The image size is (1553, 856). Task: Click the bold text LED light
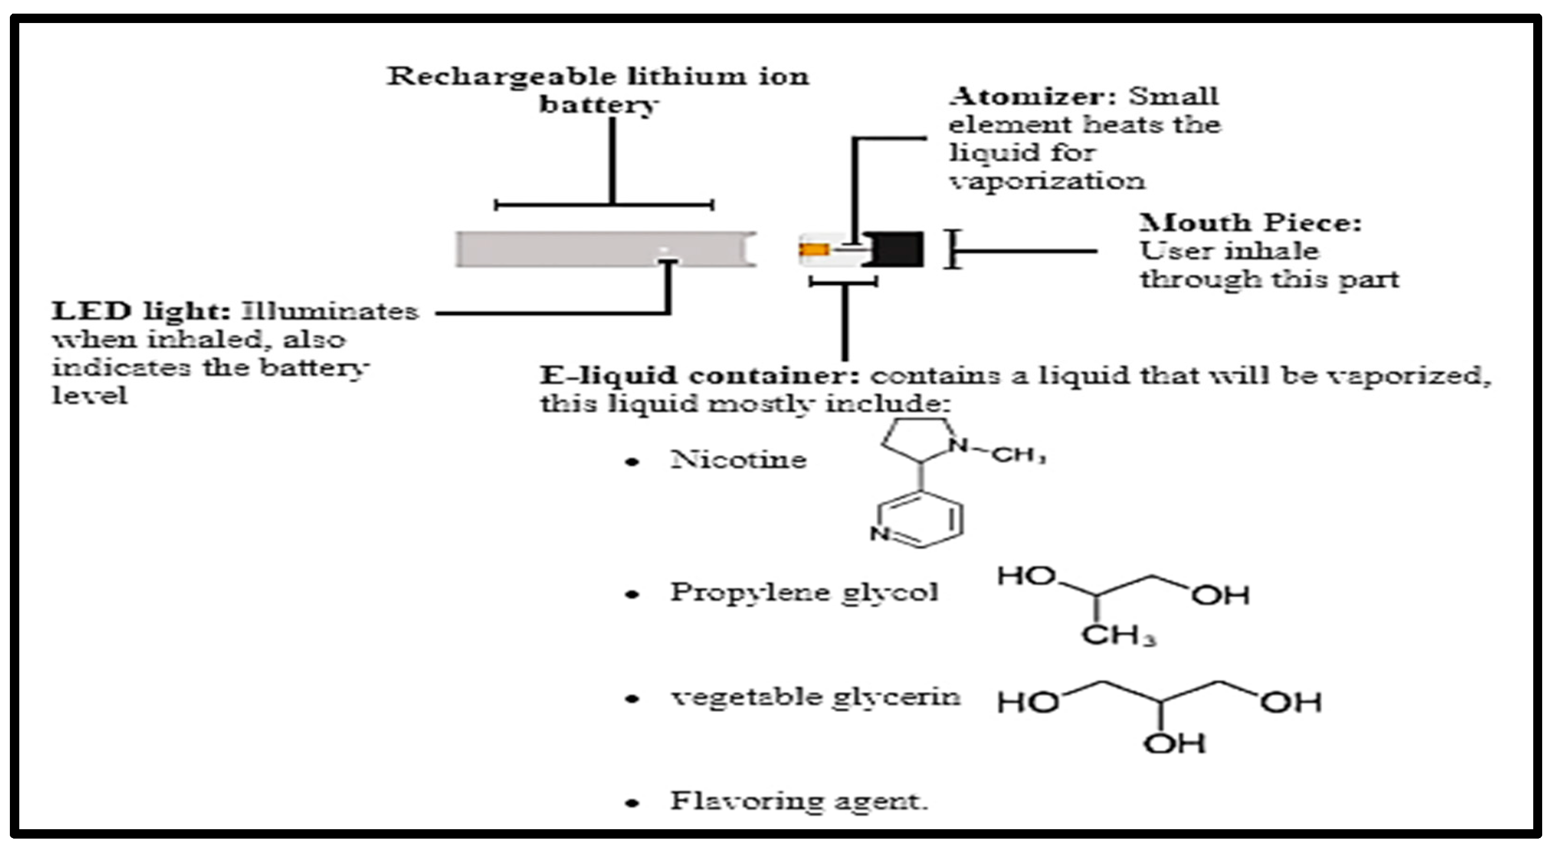(x=141, y=312)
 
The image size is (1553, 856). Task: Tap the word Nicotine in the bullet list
(x=738, y=460)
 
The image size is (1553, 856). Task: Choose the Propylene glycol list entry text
(x=804, y=592)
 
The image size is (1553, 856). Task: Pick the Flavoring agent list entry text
(x=799, y=801)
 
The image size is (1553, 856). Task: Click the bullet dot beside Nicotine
(x=632, y=462)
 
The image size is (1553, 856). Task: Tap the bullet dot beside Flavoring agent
(x=632, y=803)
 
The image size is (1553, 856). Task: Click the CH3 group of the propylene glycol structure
(x=1118, y=636)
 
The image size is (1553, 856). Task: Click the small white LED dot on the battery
(x=663, y=250)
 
